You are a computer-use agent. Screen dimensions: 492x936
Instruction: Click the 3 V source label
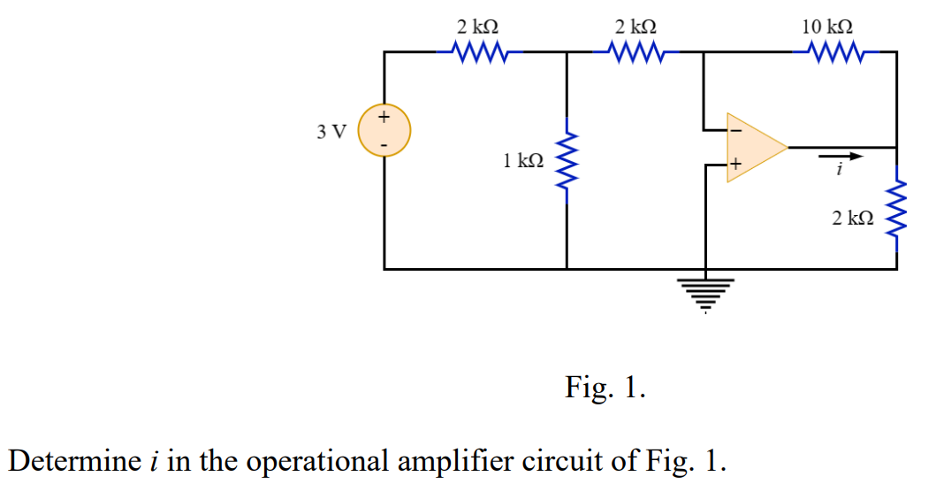[x=332, y=133]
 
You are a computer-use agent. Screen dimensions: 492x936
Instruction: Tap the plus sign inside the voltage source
[x=384, y=116]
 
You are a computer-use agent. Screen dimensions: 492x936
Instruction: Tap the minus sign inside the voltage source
[x=384, y=143]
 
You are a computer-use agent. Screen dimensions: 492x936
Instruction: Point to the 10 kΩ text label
[x=827, y=26]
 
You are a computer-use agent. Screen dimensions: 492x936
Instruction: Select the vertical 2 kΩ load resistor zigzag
[x=897, y=212]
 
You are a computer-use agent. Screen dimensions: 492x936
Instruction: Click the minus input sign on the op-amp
[x=734, y=130]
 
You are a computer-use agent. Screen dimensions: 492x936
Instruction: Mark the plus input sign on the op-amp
[x=734, y=164]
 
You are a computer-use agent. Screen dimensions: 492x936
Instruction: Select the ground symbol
[x=704, y=293]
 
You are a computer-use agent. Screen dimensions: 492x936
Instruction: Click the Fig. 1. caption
[x=605, y=388]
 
